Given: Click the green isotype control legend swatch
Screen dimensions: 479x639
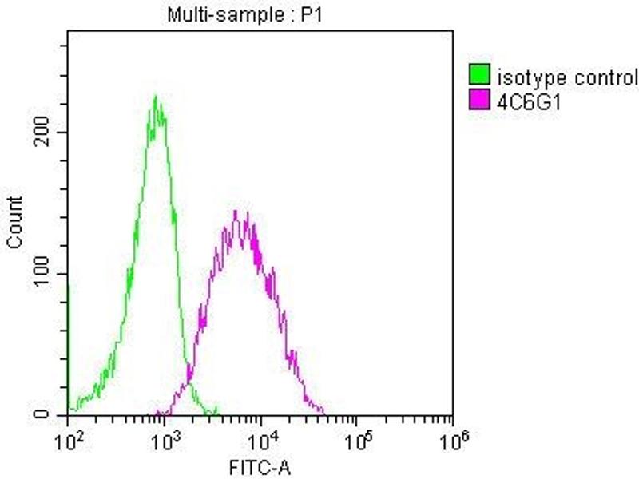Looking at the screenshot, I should [479, 77].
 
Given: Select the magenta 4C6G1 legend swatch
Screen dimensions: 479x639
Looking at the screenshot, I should [479, 100].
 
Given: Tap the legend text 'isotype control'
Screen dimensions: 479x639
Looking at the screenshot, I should [568, 78].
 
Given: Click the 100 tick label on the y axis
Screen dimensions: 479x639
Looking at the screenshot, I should [49, 274].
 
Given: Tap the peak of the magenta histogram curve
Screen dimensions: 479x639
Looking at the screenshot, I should [236, 212].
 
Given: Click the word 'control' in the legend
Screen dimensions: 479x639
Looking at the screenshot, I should [611, 78].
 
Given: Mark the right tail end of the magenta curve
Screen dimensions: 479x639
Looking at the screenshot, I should [323, 413].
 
